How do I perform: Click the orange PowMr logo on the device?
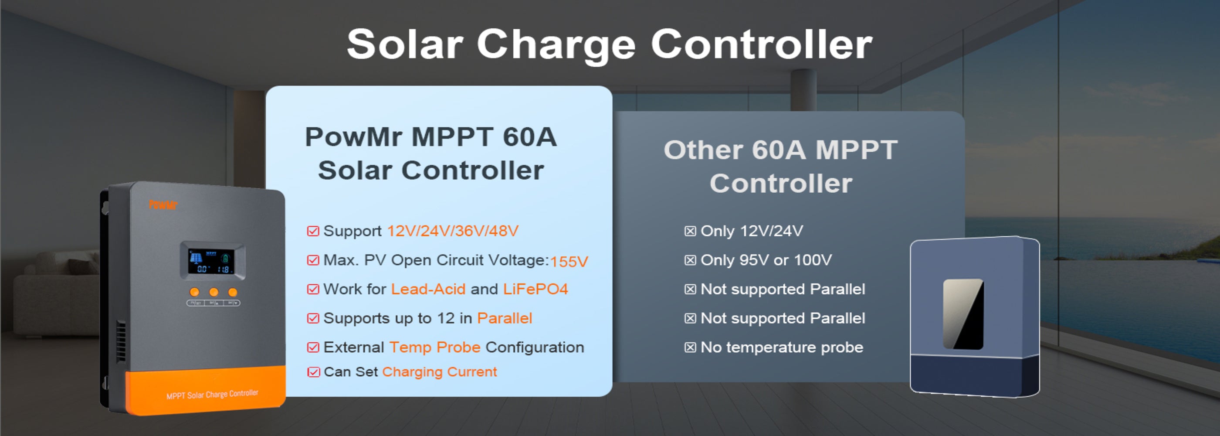tap(163, 205)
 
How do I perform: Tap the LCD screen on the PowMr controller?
tap(212, 262)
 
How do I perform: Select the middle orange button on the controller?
tap(213, 292)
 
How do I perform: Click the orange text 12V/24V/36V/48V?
tap(453, 231)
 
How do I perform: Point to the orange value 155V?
tap(569, 262)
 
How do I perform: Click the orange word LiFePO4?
tap(535, 289)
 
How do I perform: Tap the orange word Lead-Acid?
tap(428, 289)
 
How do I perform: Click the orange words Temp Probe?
tap(435, 347)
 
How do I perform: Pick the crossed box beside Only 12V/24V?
tap(691, 231)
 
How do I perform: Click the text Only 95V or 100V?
tap(766, 260)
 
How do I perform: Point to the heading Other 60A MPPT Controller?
tap(780, 167)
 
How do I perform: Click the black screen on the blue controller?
tap(963, 314)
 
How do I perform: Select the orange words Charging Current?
tap(440, 372)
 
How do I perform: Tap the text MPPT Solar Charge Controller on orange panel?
tap(212, 394)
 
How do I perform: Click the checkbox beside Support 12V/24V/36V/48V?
tap(313, 231)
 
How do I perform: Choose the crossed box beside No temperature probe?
tap(691, 347)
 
